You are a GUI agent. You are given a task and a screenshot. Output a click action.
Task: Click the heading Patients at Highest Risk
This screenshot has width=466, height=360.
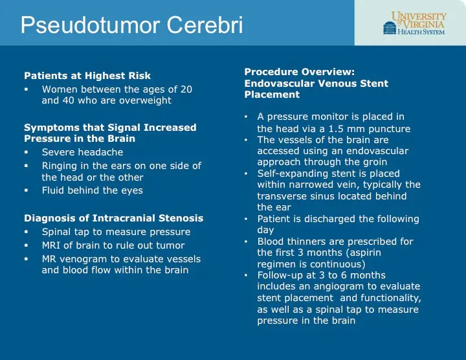click(87, 76)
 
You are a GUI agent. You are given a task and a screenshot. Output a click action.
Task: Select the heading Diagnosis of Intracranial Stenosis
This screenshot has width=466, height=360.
click(113, 218)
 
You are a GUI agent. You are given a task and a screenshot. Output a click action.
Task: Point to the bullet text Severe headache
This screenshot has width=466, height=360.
click(82, 152)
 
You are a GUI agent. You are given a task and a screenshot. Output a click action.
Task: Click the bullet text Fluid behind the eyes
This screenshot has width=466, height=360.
click(92, 190)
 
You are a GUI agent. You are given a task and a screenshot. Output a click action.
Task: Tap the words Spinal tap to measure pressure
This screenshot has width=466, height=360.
click(116, 232)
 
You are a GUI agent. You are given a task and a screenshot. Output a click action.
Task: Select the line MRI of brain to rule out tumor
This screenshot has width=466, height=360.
click(113, 245)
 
